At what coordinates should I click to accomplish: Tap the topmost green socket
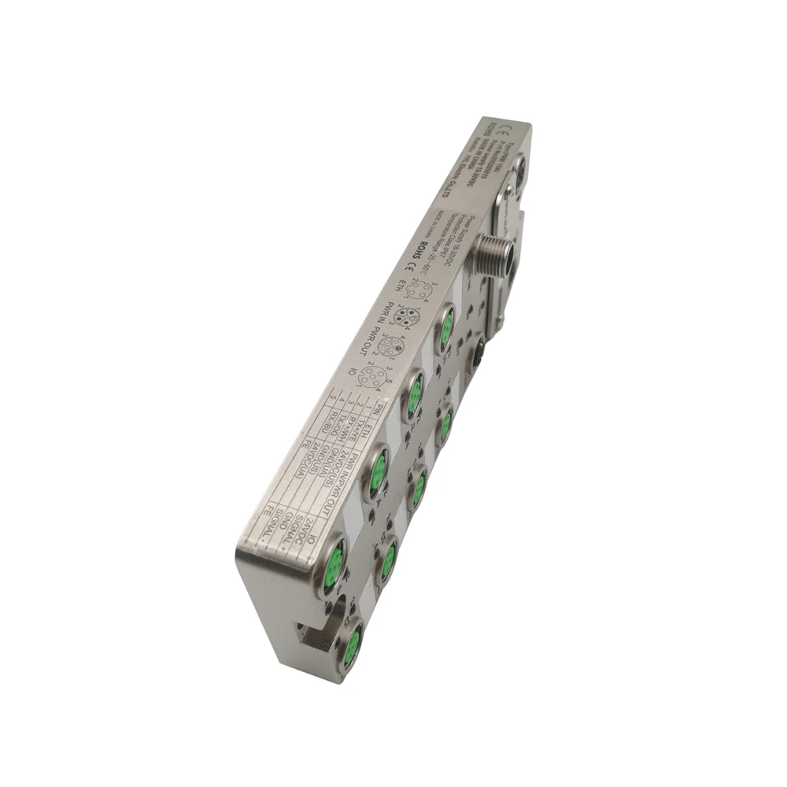click(446, 325)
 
